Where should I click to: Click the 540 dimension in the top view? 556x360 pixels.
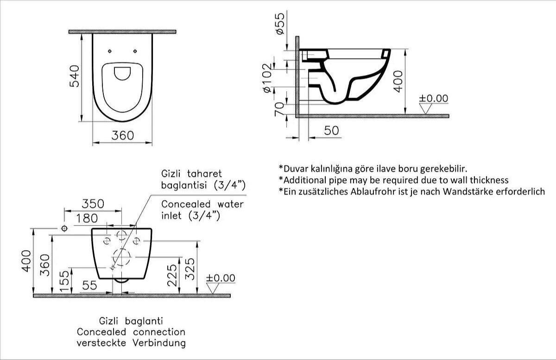coord(75,76)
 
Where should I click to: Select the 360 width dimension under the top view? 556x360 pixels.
coord(123,136)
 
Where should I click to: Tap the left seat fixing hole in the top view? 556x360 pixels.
coord(110,51)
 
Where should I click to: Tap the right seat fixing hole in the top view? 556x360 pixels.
coord(135,51)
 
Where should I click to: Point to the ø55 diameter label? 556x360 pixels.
coord(280,24)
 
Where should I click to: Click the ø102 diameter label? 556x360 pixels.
coord(267,78)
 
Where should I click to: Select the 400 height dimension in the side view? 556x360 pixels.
coord(398,82)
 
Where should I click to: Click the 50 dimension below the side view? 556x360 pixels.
coord(331,131)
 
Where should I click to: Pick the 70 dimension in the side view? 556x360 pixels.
coord(279,109)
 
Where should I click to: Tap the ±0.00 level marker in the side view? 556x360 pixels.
coord(433,98)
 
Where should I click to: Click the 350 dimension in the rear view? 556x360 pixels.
coord(93,204)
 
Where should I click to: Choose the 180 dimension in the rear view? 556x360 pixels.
coord(87,219)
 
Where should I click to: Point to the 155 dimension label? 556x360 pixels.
coord(64,281)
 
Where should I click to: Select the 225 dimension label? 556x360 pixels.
coord(172,275)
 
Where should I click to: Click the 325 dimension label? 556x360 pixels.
coord(190,269)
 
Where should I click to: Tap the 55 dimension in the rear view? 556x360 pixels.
coord(89,285)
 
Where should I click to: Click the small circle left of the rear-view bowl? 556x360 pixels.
coord(64,228)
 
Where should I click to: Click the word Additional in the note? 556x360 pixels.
coord(305,180)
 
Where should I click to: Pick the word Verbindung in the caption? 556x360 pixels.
coord(159,343)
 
